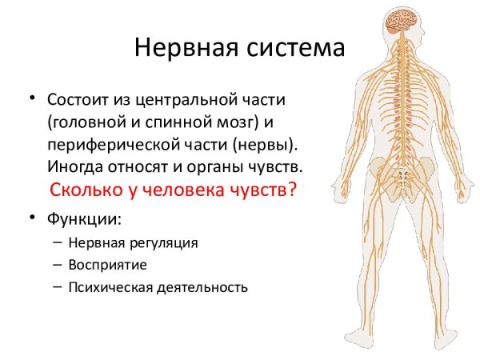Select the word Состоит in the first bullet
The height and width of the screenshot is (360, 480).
coord(76,102)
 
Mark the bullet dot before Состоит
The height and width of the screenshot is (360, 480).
coord(34,99)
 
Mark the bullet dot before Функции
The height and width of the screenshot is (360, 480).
coord(34,216)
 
